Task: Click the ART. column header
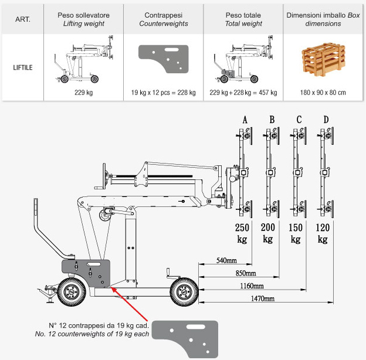22,19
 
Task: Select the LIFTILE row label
22,67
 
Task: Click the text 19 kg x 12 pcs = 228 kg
164,93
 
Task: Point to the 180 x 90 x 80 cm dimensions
322,93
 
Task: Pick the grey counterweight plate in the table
163,59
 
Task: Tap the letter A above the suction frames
245,121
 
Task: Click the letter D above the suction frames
326,121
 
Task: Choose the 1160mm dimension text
251,286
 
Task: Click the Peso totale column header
243,19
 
